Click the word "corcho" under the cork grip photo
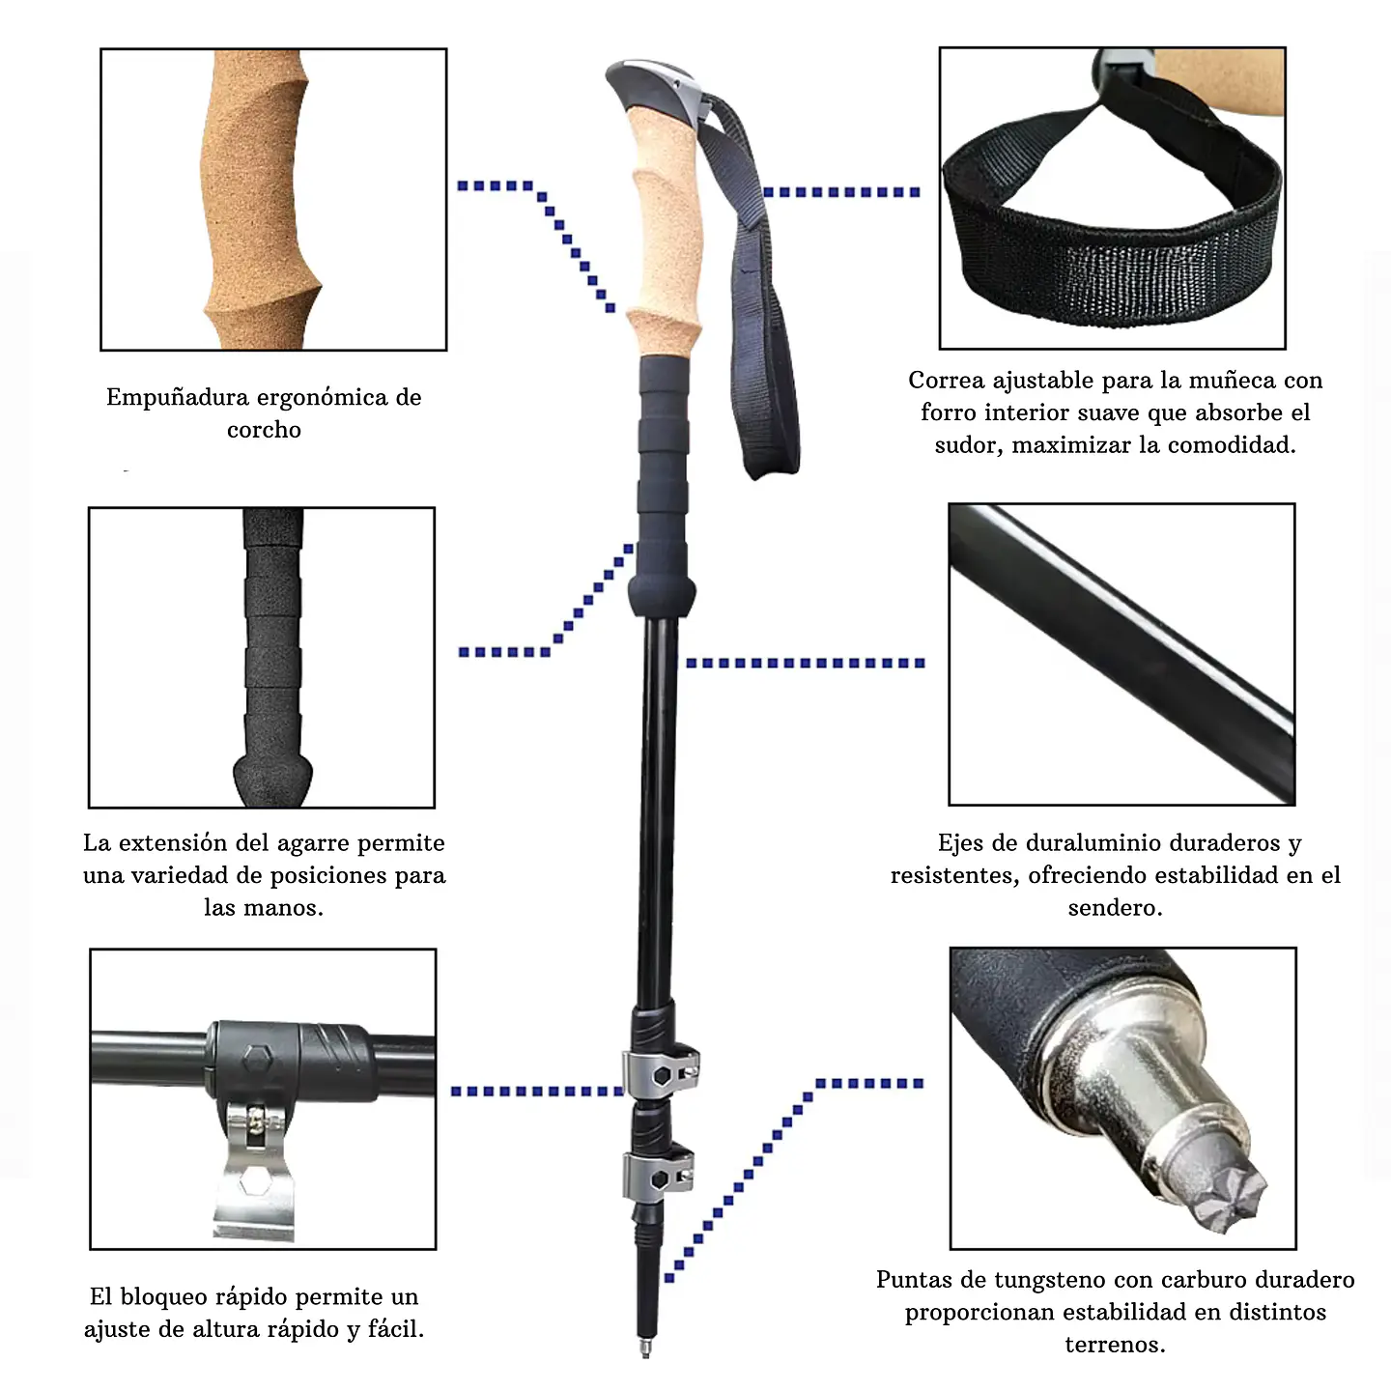[264, 430]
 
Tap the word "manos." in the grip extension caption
[264, 907]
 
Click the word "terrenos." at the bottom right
[1116, 1344]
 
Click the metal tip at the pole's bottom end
[646, 1348]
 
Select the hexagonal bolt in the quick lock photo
[258, 1060]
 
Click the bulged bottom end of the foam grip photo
[272, 780]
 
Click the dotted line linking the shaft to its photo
[805, 663]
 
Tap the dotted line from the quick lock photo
[537, 1091]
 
